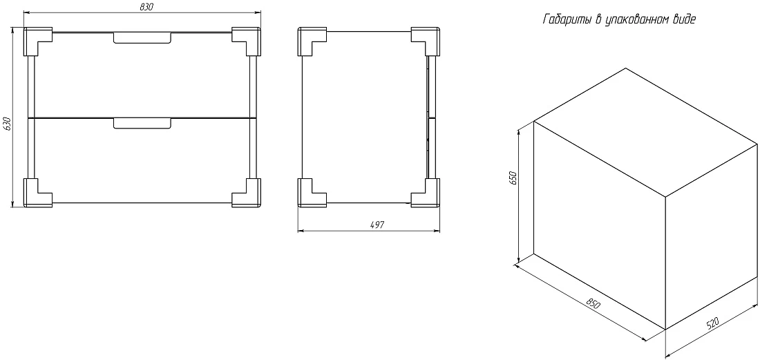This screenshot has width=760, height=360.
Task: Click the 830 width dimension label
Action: coord(146,6)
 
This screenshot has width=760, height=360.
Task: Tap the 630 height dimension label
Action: coord(7,124)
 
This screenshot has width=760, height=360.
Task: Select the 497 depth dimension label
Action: coord(377,225)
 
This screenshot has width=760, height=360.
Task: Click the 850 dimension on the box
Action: coord(593,303)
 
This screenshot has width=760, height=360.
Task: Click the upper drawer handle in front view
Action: coord(142,38)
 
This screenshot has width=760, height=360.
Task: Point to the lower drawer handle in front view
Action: coord(142,124)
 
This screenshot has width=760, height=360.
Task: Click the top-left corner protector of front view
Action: coord(38,41)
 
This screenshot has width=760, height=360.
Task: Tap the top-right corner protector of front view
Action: coord(246,41)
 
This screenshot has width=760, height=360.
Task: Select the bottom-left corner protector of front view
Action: coord(38,193)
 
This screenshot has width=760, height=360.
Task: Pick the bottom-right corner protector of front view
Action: coord(246,193)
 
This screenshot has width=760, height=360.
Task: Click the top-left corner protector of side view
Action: coord(312,41)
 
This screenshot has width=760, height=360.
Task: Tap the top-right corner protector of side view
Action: coord(426,41)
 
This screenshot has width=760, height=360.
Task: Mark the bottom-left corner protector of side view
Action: coord(312,193)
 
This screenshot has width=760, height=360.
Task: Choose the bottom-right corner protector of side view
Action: coord(426,193)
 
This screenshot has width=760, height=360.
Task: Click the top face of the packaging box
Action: coord(645,132)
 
